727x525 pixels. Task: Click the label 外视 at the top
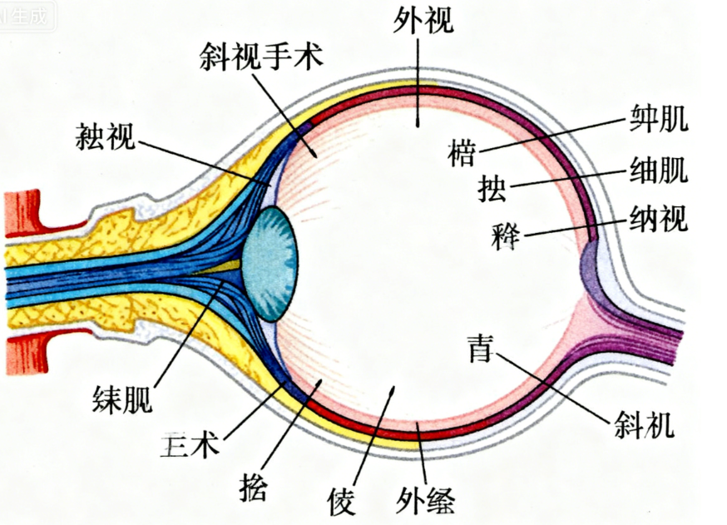424,19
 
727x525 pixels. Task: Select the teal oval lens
271,264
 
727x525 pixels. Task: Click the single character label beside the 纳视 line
506,236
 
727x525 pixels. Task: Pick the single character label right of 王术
253,485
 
